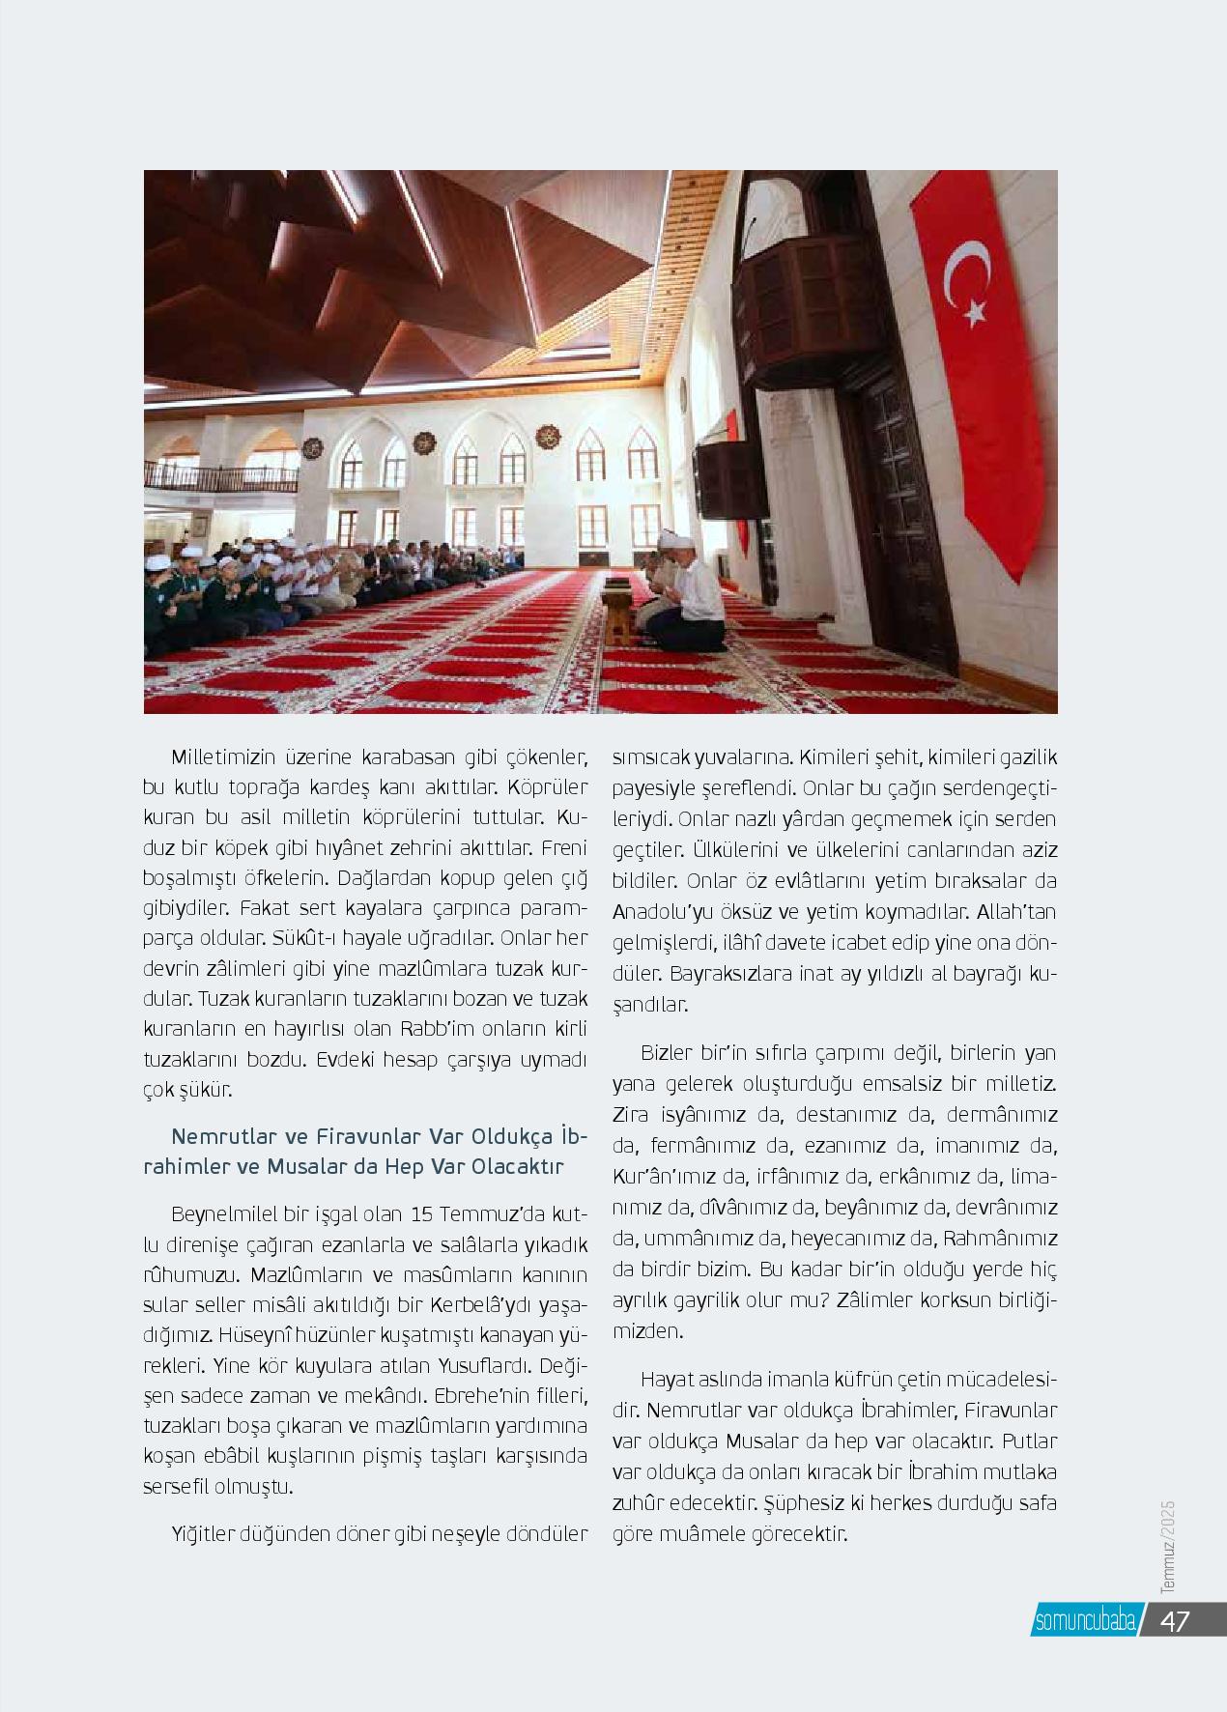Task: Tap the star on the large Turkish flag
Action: (976, 311)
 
